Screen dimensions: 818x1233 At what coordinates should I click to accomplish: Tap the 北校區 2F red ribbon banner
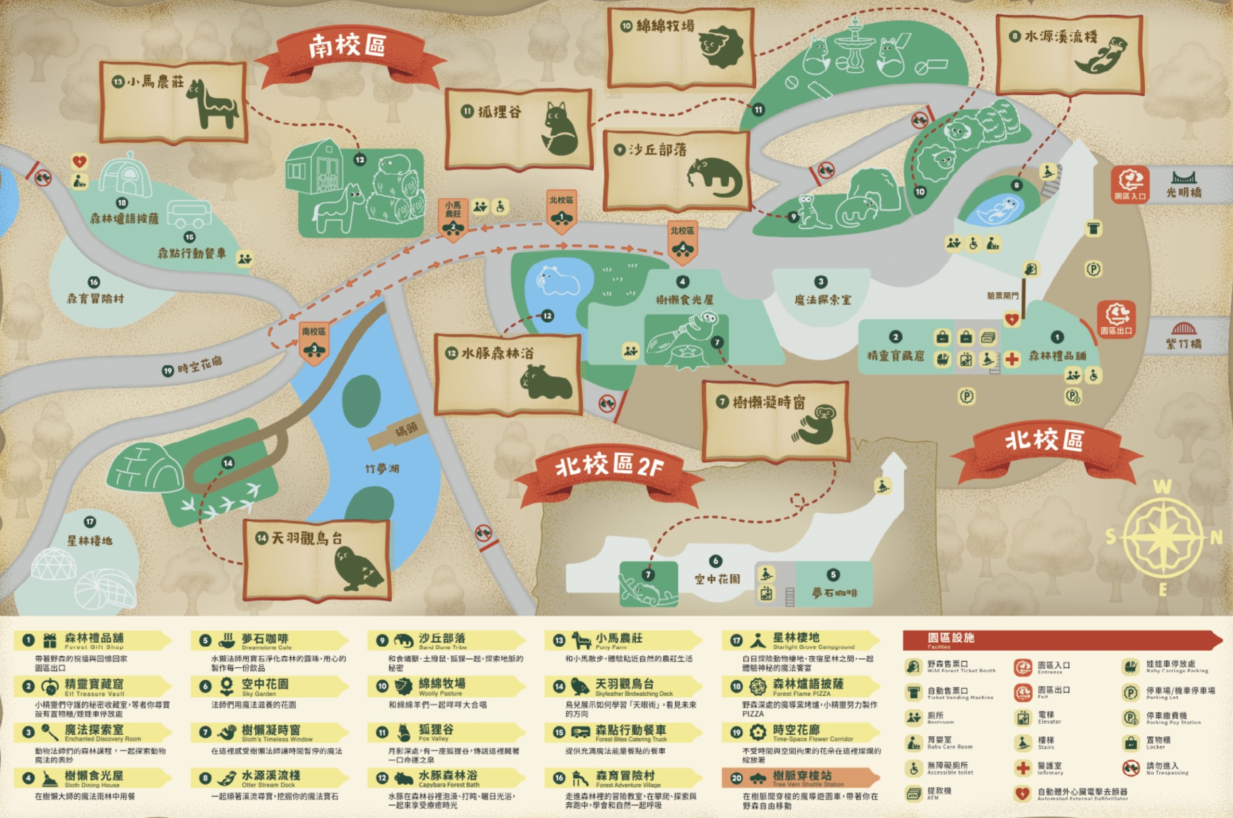coord(609,466)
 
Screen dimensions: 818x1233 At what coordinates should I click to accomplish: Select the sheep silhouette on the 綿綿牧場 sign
coord(720,47)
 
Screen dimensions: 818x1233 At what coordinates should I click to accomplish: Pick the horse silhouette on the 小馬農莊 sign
coord(211,104)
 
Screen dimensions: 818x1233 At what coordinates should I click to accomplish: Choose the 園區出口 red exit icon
coord(1116,319)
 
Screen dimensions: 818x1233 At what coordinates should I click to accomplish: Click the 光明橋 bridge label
coord(1184,192)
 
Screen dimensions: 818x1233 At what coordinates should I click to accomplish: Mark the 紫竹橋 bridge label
coord(1184,343)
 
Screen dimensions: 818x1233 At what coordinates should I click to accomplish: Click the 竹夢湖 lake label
coord(382,469)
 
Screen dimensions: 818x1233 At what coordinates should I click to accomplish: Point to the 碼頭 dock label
coord(407,430)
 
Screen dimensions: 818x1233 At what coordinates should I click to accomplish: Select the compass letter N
coord(1216,537)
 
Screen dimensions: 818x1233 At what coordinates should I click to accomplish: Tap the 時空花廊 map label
coord(199,366)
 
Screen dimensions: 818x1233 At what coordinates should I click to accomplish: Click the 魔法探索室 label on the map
coord(822,300)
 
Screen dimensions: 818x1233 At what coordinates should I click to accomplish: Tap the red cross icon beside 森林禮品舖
coord(1012,359)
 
